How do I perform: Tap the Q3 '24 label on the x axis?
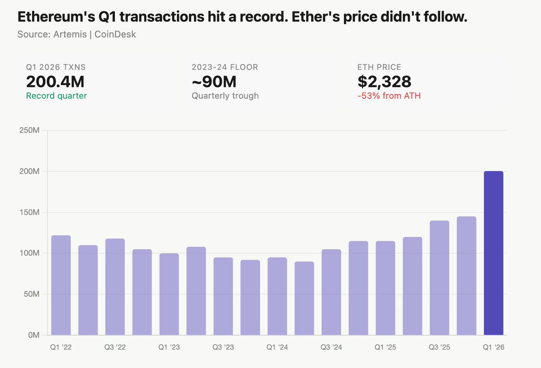coord(331,348)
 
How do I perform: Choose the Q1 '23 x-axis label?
coord(169,348)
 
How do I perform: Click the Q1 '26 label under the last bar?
coord(493,348)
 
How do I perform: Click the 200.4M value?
coord(55,82)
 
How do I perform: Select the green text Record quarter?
coord(56,95)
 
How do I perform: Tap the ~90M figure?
coord(214,82)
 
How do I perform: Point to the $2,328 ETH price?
coord(384,82)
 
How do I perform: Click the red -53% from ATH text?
coord(389,95)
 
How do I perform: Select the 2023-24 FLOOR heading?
coord(225,67)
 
